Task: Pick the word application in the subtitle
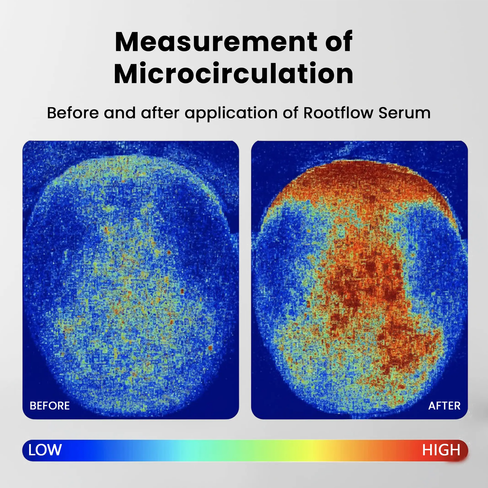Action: tap(231, 113)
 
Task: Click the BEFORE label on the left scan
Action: tap(49, 406)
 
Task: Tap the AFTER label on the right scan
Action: tap(444, 406)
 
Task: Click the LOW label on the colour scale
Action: tap(45, 450)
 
